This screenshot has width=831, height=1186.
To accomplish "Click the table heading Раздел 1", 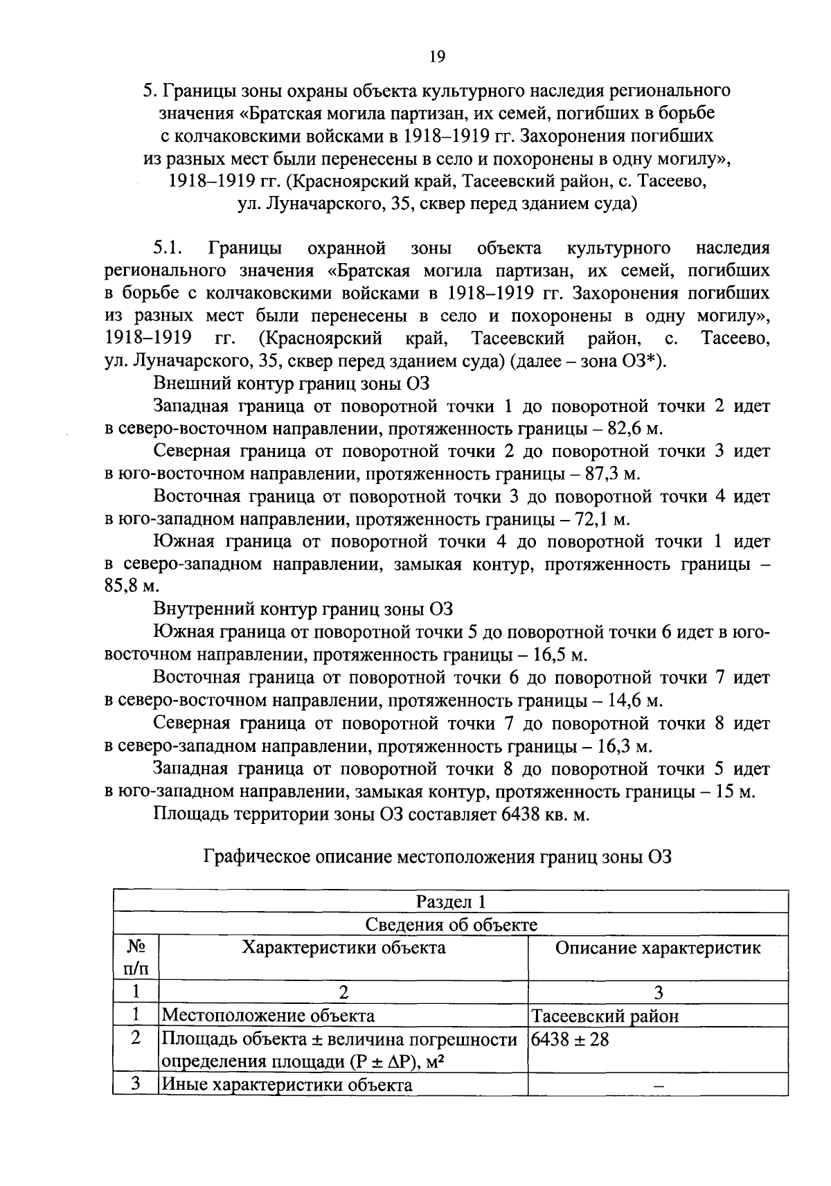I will click(451, 901).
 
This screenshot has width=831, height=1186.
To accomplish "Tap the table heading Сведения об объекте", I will click(451, 924).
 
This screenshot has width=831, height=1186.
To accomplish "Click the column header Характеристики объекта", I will click(343, 948).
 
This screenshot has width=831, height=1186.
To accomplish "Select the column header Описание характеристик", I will click(657, 948).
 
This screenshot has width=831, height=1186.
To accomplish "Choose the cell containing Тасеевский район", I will click(605, 1016).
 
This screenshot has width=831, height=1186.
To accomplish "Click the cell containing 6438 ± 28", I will click(570, 1039).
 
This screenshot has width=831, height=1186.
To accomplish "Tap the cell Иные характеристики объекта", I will click(286, 1085).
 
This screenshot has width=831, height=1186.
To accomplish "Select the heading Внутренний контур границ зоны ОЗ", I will click(303, 609).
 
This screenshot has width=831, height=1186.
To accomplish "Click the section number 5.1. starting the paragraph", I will click(168, 248).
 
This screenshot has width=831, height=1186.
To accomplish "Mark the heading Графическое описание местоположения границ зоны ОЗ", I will click(438, 857).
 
